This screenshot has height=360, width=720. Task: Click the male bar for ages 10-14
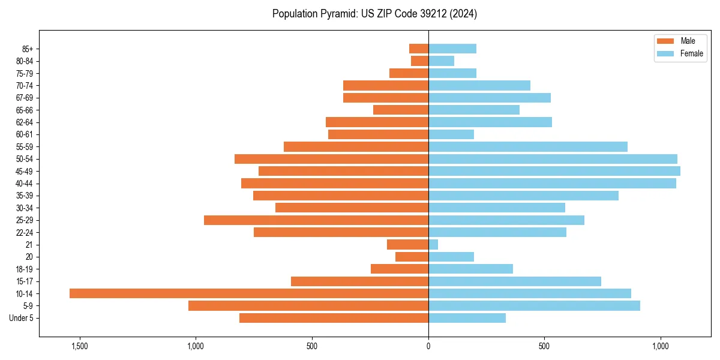pos(249,293)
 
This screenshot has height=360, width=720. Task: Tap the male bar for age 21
pos(408,244)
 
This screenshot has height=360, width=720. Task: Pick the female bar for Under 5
pos(467,318)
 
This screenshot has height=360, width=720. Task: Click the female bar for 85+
pos(452,49)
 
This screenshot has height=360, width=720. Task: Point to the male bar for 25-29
pos(316,220)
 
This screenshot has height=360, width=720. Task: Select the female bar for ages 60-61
pos(451,134)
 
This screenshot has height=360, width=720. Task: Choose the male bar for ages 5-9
pos(308,306)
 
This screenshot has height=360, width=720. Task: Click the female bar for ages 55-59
pos(528,146)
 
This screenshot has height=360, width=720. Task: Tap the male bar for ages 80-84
pos(419,61)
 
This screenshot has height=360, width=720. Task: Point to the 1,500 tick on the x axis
pos(79,346)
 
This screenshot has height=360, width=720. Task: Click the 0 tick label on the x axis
pos(428,346)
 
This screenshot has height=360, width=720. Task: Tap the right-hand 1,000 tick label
pos(661,346)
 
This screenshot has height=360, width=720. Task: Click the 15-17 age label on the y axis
pos(24,281)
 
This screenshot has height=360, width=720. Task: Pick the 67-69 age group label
pos(24,98)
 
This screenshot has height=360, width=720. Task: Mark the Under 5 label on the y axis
pos(21,318)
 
